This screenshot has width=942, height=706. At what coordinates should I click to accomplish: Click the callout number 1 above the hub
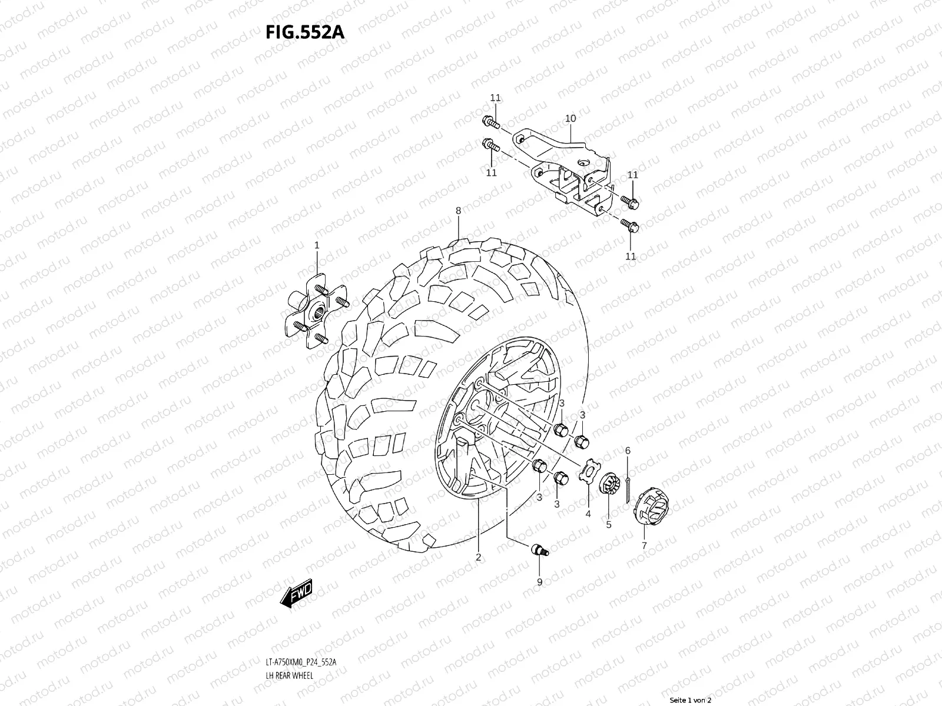coord(316,245)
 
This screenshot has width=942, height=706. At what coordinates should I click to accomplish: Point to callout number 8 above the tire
coord(458,211)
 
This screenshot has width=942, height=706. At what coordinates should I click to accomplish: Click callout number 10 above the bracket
coord(570,118)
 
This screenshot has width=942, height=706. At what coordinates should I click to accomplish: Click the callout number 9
coord(539,582)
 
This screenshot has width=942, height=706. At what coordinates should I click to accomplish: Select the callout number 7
coord(644,546)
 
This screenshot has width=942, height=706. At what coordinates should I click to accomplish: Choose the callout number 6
coord(628,451)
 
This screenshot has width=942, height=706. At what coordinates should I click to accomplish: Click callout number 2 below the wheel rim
coord(478,557)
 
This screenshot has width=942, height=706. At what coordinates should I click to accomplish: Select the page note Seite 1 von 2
coord(691,700)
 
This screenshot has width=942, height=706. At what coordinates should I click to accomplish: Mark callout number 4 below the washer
coord(588,514)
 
